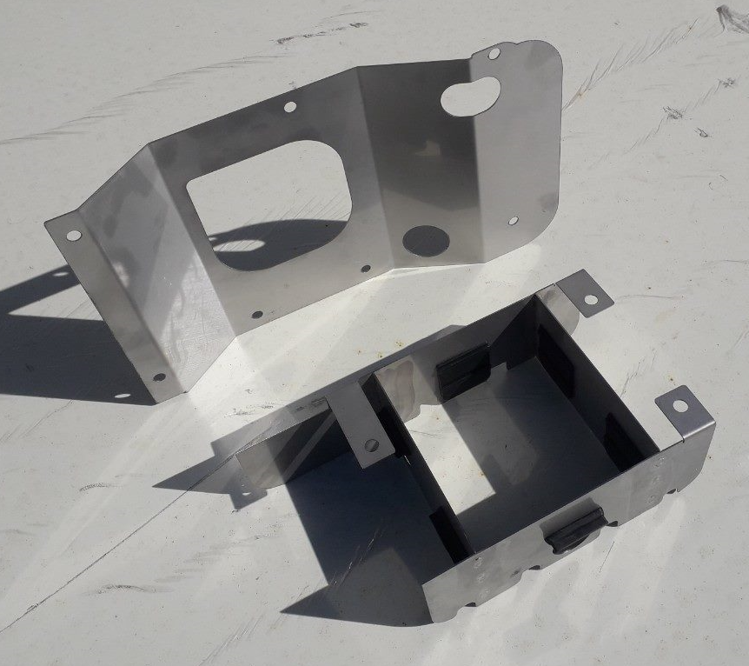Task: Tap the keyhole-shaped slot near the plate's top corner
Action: click(x=469, y=95)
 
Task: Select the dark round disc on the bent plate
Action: click(x=427, y=241)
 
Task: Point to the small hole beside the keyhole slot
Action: click(x=494, y=54)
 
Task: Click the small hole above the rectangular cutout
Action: click(x=290, y=107)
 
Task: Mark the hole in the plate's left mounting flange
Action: click(x=74, y=235)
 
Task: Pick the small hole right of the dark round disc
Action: click(x=513, y=222)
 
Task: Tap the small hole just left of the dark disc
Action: click(x=366, y=269)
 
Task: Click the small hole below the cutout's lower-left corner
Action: click(x=256, y=315)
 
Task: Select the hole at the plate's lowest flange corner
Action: click(x=158, y=377)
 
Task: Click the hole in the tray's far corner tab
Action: click(x=591, y=299)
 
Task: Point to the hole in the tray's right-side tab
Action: click(x=679, y=406)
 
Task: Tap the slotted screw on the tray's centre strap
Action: click(x=371, y=445)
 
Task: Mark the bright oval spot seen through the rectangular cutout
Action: click(x=238, y=245)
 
